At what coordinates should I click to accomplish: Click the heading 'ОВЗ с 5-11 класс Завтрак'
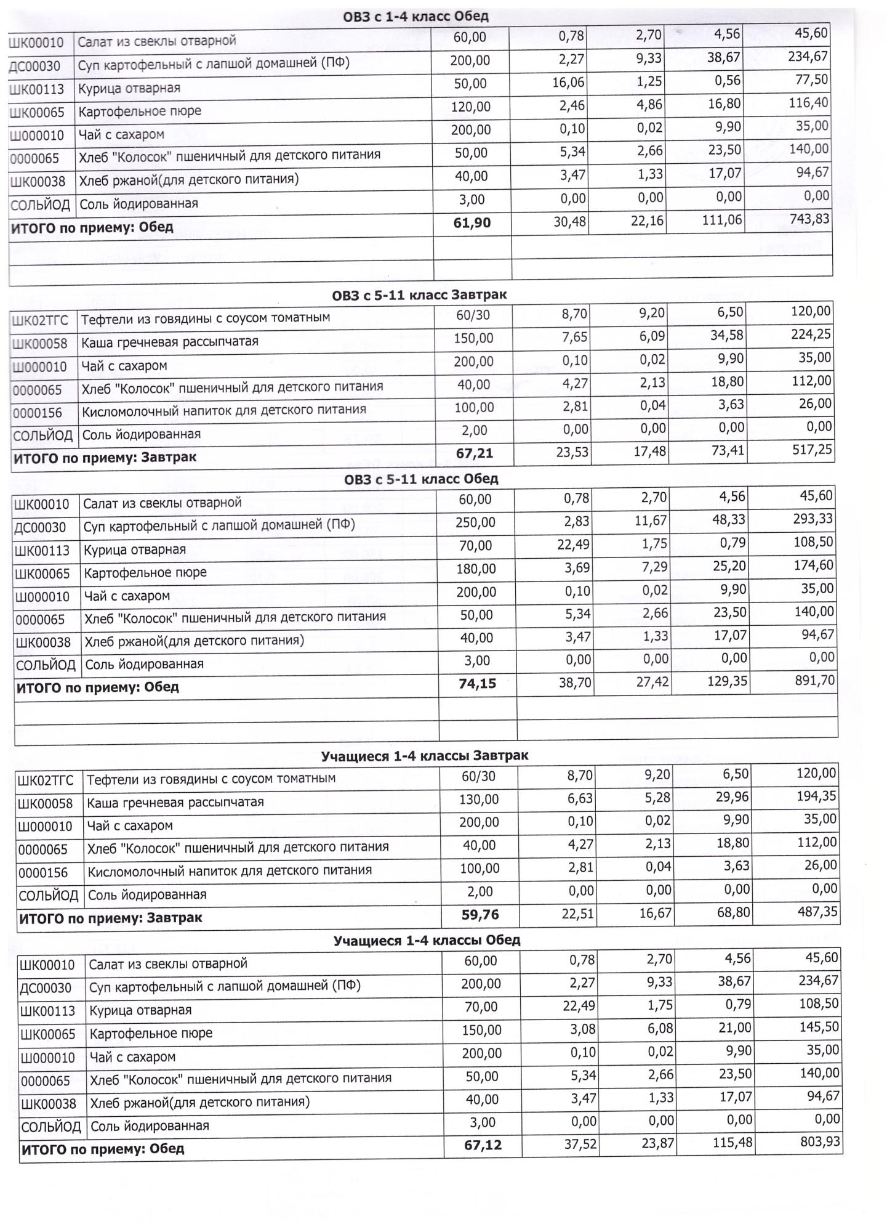(x=419, y=295)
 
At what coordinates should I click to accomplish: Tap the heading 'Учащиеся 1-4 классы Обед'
(x=427, y=941)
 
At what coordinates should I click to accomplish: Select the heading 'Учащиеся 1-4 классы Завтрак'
(x=425, y=756)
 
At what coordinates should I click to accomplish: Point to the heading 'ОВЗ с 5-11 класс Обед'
(x=421, y=479)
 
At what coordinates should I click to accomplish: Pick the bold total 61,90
(x=472, y=222)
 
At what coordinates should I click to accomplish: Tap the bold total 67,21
(x=475, y=453)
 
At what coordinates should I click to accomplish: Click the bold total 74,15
(x=477, y=683)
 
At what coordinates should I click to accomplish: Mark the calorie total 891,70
(x=815, y=681)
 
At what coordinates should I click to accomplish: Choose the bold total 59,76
(x=480, y=915)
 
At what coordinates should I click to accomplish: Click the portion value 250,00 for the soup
(x=475, y=522)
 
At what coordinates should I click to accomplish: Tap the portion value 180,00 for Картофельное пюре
(x=476, y=569)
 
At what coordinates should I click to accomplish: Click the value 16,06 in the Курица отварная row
(x=568, y=83)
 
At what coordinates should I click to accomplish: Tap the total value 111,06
(x=722, y=220)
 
